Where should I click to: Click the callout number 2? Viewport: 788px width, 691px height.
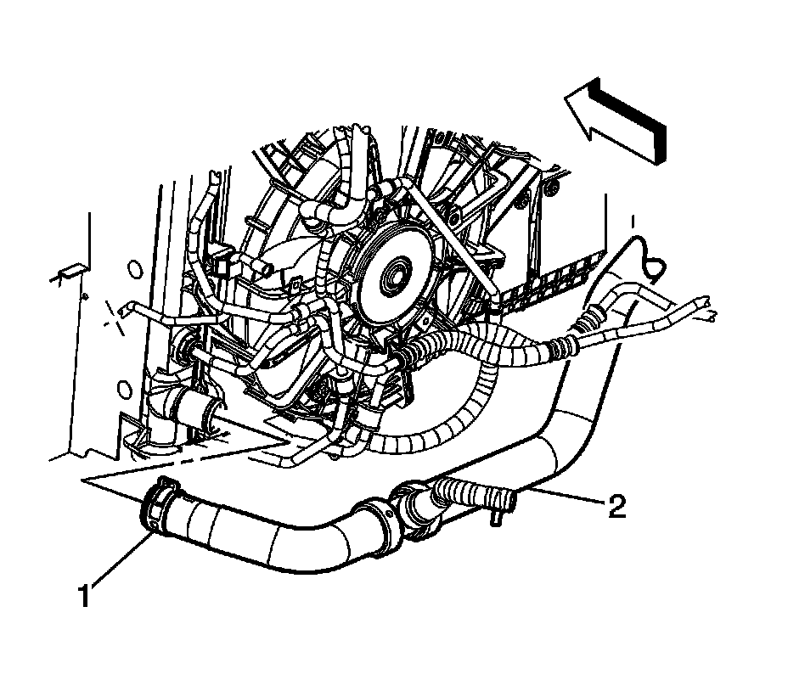[x=616, y=507]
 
